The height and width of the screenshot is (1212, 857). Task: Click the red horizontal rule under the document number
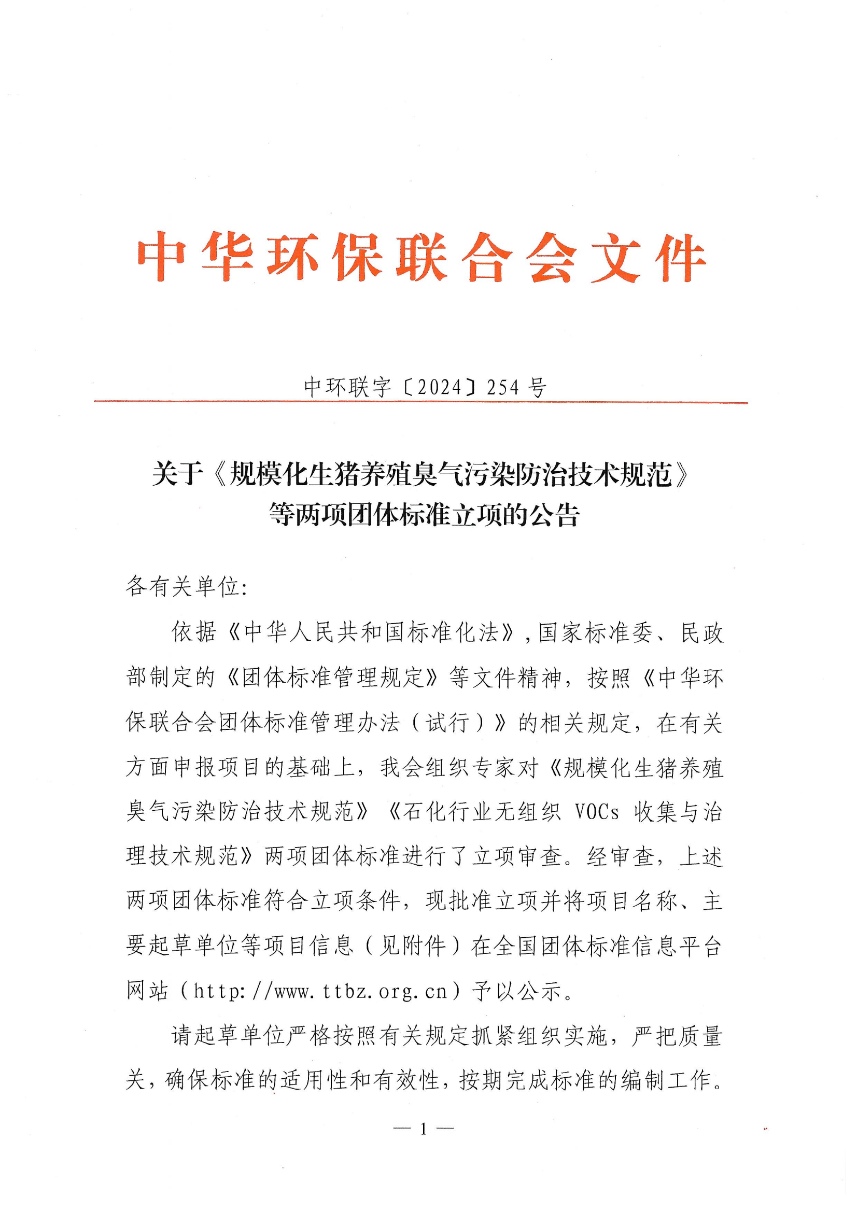[421, 402]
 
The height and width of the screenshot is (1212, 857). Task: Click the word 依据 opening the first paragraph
[194, 632]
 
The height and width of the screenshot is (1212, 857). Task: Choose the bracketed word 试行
[448, 723]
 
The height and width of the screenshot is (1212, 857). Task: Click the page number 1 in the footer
[423, 1129]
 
